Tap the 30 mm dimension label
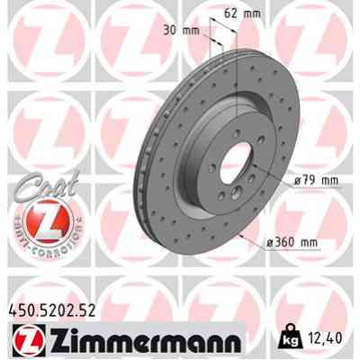click(181, 30)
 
